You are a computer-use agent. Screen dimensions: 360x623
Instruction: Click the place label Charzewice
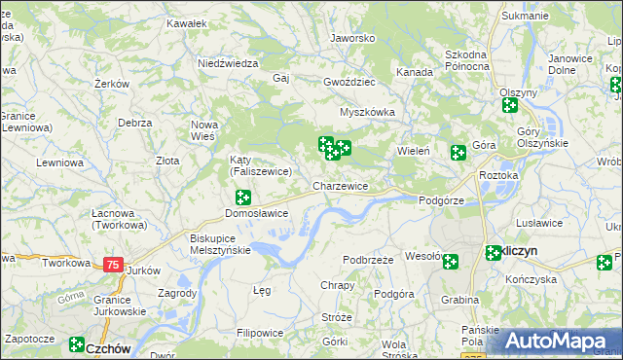tap(340, 185)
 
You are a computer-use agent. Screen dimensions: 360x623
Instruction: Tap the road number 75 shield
tap(114, 265)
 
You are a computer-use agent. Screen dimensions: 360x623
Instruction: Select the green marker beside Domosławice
tap(242, 198)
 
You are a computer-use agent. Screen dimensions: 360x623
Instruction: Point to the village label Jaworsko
tap(352, 38)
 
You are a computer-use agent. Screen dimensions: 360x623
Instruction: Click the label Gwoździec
tap(348, 84)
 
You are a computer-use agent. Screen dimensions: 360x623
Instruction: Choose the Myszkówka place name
tap(367, 111)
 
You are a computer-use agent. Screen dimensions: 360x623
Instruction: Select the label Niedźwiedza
tap(227, 62)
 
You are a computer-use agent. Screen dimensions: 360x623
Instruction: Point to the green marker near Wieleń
tap(458, 152)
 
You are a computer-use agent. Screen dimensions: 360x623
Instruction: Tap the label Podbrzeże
tap(368, 260)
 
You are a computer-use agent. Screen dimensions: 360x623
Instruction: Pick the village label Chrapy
tap(337, 285)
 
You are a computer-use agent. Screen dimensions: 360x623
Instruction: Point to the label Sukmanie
tap(525, 16)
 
